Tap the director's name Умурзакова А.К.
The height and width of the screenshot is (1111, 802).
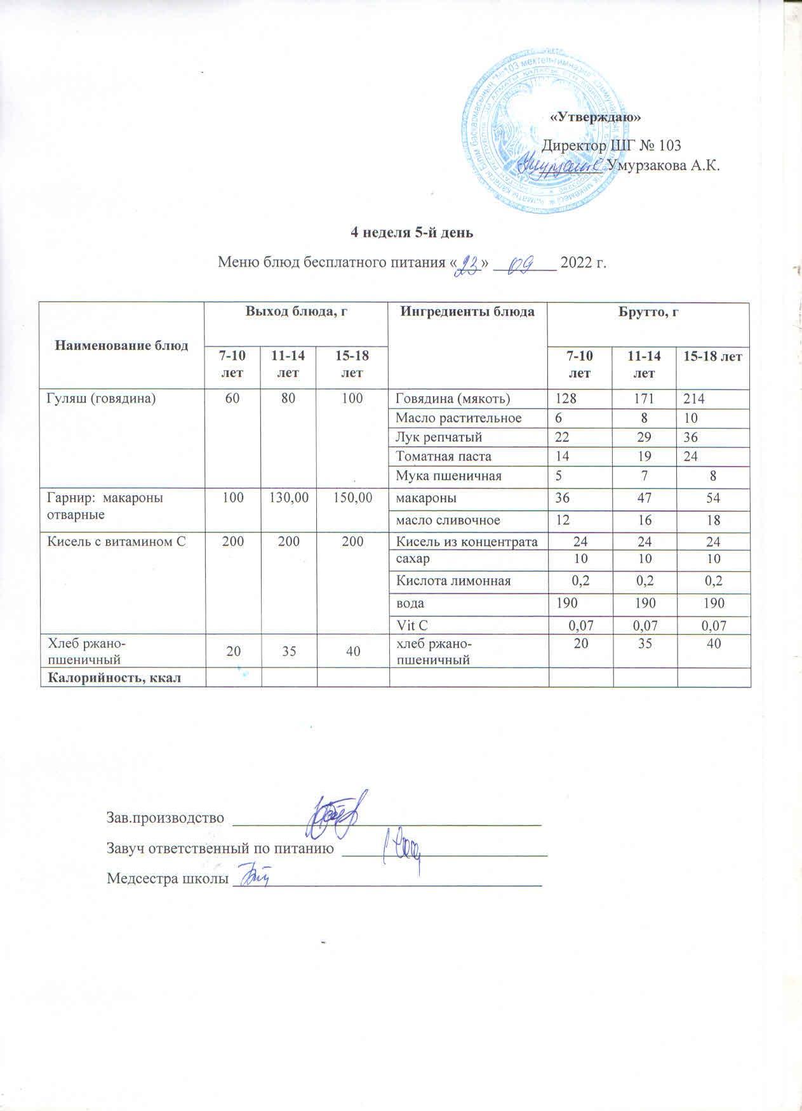(x=663, y=166)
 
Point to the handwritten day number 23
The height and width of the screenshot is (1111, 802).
(x=471, y=261)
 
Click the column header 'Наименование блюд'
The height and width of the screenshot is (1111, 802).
(x=122, y=345)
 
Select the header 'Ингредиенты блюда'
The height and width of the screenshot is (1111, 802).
(x=468, y=312)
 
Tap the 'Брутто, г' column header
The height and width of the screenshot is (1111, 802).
(x=648, y=312)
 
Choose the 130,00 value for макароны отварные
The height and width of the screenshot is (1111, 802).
(x=289, y=498)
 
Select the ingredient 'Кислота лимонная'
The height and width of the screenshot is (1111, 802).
(x=453, y=580)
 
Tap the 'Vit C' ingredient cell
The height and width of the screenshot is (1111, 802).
(x=412, y=625)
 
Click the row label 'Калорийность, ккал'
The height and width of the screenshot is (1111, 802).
(x=112, y=677)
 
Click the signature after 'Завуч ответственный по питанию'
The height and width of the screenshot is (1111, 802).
(x=403, y=851)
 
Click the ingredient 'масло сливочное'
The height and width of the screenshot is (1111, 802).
(x=447, y=520)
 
